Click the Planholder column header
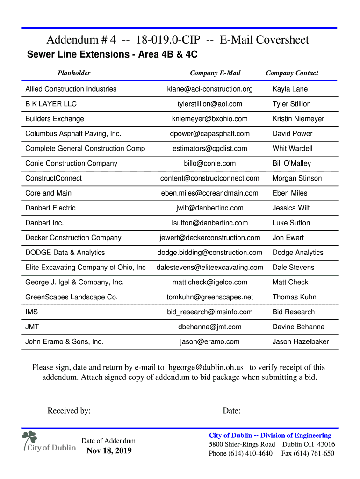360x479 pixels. point(74,73)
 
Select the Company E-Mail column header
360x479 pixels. point(215,73)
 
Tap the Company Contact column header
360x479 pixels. point(292,73)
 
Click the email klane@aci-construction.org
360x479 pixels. point(209,89)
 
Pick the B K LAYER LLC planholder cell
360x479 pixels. point(51,104)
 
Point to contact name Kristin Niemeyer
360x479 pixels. point(298,119)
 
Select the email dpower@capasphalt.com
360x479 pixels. point(209,134)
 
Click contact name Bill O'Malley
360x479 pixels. point(292,163)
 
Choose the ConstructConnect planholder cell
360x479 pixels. point(53,178)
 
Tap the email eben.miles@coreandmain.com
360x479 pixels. point(209,193)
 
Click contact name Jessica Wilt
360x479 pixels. point(291,208)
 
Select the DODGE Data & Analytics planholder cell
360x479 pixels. point(65,253)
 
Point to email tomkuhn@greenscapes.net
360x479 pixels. point(209,297)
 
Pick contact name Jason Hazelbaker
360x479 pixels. point(301,341)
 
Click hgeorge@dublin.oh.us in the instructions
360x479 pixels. point(206,367)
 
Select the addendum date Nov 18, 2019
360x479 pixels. point(109,451)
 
